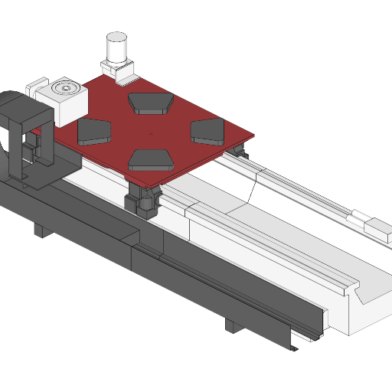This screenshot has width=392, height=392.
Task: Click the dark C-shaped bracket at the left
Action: (x=28, y=130)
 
